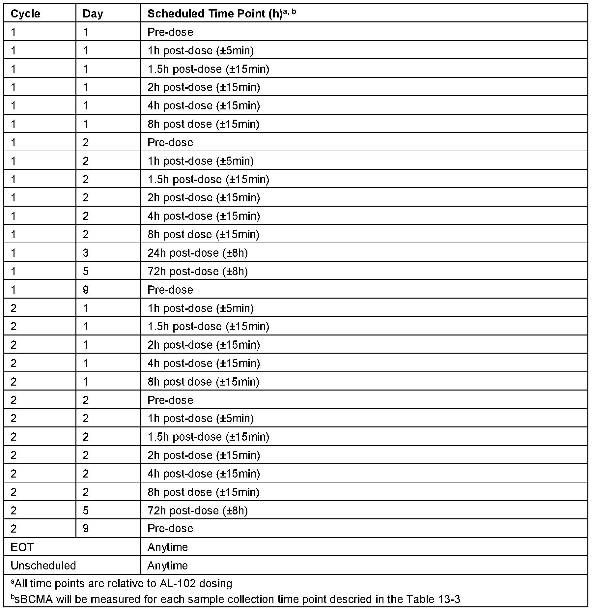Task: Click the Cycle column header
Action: pyautogui.click(x=25, y=14)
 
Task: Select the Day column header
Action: pyautogui.click(x=93, y=14)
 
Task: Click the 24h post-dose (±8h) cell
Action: pyautogui.click(x=197, y=253)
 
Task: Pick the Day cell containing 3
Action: pyautogui.click(x=86, y=253)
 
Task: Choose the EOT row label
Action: pyautogui.click(x=22, y=547)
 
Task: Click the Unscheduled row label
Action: pyautogui.click(x=43, y=566)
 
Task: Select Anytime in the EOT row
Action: pyautogui.click(x=168, y=547)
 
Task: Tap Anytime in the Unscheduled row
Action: pyautogui.click(x=168, y=566)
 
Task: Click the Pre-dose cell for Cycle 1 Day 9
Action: pyautogui.click(x=170, y=290)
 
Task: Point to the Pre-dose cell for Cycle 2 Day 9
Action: pyautogui.click(x=170, y=528)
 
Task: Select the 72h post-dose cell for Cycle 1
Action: pyautogui.click(x=197, y=271)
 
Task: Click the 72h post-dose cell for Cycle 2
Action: pyautogui.click(x=197, y=510)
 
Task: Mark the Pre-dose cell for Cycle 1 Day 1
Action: pyautogui.click(x=170, y=32)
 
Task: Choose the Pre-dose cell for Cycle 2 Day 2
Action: pyautogui.click(x=170, y=400)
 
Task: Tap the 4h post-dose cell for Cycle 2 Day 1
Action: pyautogui.click(x=204, y=363)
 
